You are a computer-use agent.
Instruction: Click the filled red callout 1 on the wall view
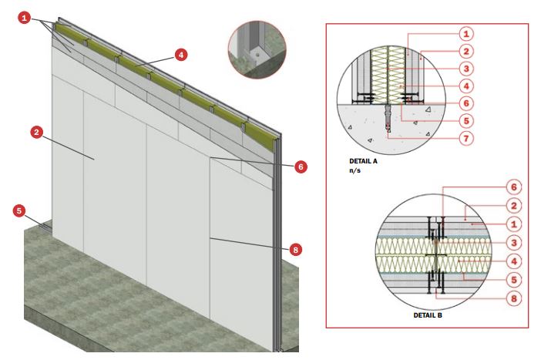coord(24,18)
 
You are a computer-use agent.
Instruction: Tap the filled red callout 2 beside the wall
coord(36,132)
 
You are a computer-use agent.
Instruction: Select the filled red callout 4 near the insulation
coord(181,55)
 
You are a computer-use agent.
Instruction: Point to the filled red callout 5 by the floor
coord(19,211)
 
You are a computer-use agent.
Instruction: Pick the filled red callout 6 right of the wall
coord(301,167)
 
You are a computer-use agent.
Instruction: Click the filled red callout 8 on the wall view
coord(295,250)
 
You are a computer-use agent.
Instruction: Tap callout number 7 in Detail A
coord(466,139)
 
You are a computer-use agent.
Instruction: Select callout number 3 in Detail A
coord(466,69)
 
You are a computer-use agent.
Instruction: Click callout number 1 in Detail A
coord(466,34)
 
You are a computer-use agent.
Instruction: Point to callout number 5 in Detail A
coord(466,121)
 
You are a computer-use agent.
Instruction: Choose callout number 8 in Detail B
coord(514,298)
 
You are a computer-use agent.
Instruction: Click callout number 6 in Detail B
coord(514,187)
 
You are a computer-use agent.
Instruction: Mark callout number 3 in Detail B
coord(514,243)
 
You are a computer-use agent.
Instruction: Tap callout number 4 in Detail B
coord(514,261)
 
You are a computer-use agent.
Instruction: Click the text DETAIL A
coord(363,161)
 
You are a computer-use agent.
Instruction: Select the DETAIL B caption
coord(428,315)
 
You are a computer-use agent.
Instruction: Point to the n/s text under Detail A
coord(355,170)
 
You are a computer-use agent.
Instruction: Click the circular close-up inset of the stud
coord(257,49)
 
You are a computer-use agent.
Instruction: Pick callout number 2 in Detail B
coord(514,206)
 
